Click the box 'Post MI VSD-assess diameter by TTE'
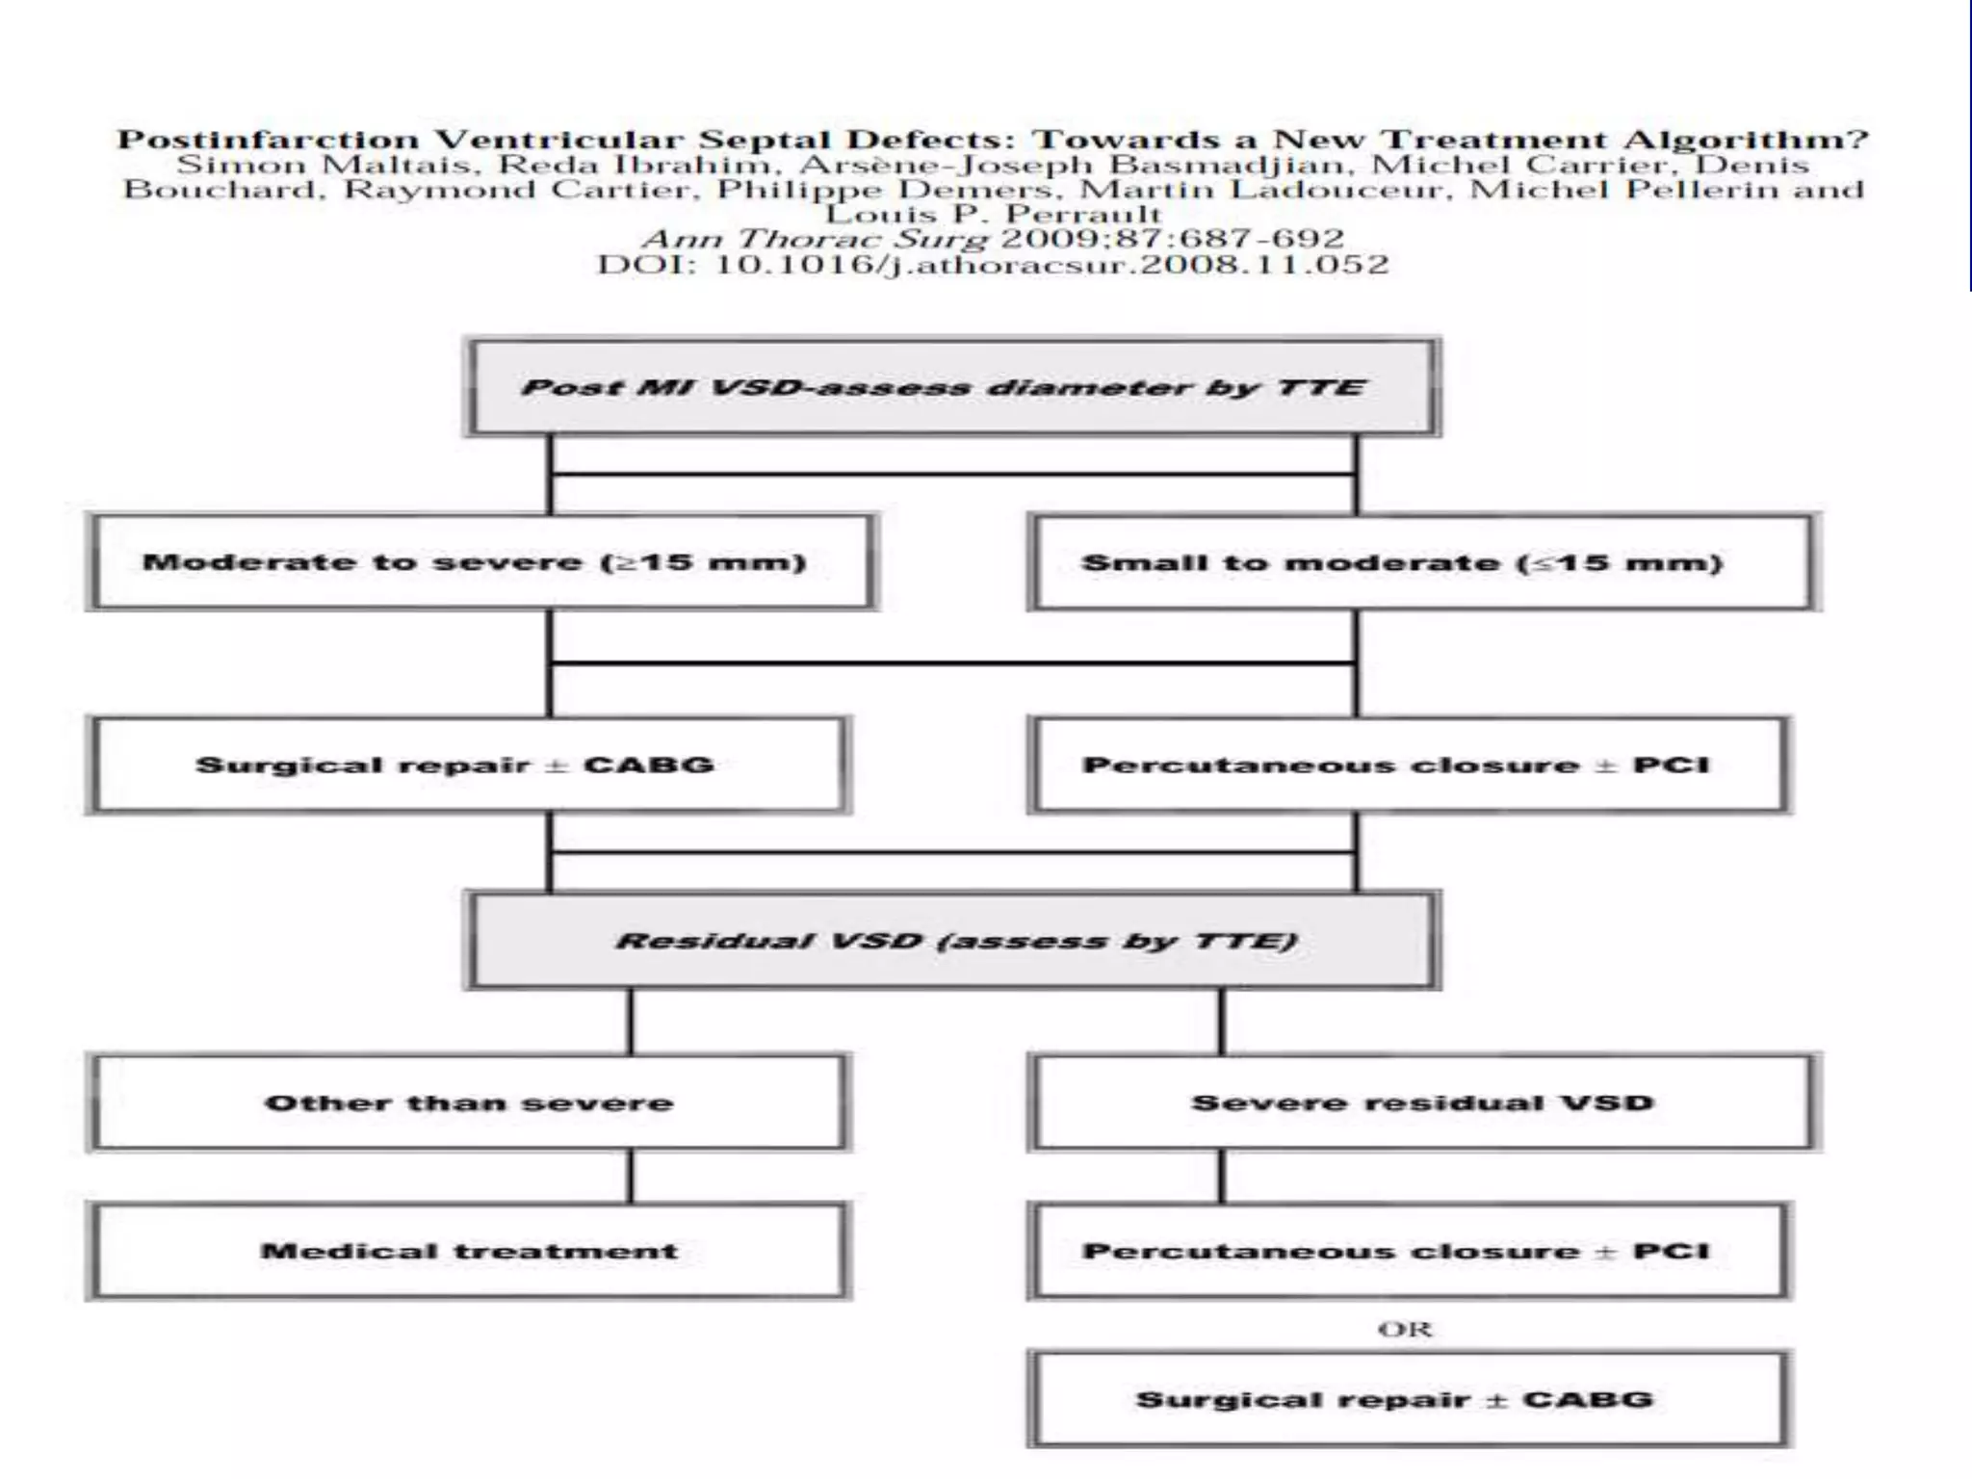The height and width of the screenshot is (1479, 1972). [x=951, y=388]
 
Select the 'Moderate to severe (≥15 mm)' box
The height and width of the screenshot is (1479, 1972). [x=481, y=562]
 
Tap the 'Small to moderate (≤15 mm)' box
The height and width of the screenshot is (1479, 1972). [x=1423, y=562]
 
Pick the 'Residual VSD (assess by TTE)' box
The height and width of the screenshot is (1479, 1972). [x=951, y=941]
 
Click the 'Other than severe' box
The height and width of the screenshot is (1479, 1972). [x=468, y=1103]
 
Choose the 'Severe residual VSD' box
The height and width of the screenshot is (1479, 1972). [x=1423, y=1103]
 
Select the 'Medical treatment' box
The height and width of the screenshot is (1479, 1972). [x=468, y=1252]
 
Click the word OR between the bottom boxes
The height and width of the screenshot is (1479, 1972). [x=1405, y=1330]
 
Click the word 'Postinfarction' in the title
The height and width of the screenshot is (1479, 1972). [x=268, y=141]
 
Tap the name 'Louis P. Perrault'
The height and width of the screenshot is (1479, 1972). [x=994, y=214]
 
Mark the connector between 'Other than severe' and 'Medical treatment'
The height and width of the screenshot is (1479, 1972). [x=632, y=1177]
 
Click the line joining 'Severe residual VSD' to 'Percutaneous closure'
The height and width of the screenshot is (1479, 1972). [x=1222, y=1177]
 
